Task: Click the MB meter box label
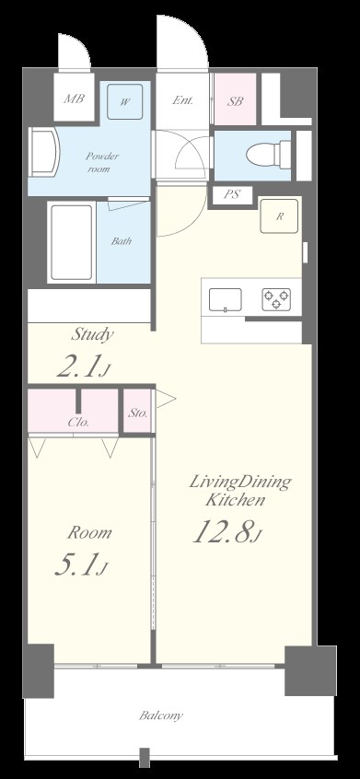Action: [74, 98]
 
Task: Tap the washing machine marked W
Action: [124, 102]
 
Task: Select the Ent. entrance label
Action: [182, 99]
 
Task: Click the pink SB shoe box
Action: [236, 99]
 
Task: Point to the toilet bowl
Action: [263, 155]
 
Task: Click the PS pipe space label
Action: [231, 195]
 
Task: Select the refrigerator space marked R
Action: [280, 216]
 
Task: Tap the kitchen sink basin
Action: [225, 300]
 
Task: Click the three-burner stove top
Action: [276, 300]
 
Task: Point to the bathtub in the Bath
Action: [72, 242]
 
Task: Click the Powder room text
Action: [102, 162]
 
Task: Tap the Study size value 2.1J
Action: [83, 366]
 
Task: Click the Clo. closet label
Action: [78, 423]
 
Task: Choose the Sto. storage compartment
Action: [137, 411]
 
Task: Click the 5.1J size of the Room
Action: [81, 565]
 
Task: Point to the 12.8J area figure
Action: [226, 531]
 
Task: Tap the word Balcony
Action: [161, 715]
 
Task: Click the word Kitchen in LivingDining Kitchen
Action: [236, 500]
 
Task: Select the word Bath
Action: [122, 241]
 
